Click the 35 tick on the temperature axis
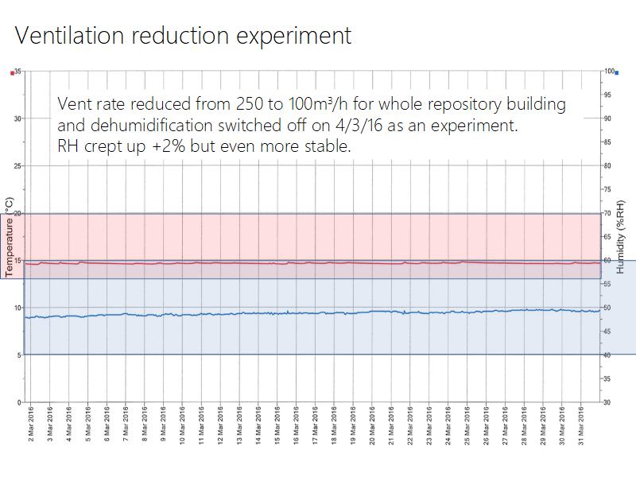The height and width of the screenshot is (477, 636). coord(17,72)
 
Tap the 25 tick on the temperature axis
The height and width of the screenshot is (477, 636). coord(17,165)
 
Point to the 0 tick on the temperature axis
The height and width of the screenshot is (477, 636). coord(19,402)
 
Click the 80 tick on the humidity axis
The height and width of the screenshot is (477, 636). coord(607,165)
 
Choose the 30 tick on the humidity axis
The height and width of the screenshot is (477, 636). coord(607,402)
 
